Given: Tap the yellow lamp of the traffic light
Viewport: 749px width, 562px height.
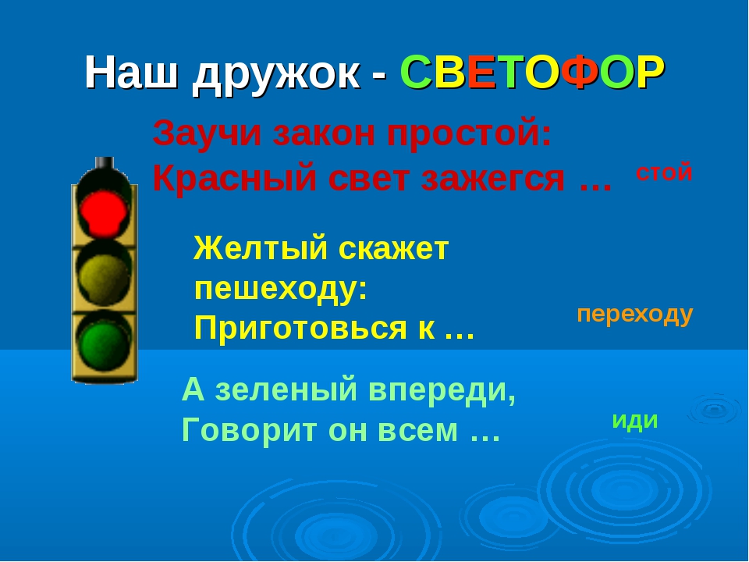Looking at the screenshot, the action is (x=104, y=276).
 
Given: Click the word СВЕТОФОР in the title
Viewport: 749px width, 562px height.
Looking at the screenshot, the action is (x=532, y=73).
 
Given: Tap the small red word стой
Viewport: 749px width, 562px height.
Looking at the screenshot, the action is (x=664, y=172).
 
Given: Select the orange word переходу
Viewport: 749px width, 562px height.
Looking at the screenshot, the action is (x=635, y=315).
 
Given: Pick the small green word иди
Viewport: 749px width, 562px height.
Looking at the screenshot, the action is (x=635, y=421).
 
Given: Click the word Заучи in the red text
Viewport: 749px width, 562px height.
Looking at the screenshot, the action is (x=207, y=133).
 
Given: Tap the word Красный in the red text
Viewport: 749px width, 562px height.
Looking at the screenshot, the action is (x=235, y=179).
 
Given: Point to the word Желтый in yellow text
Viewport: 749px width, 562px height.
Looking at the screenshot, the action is (x=261, y=247).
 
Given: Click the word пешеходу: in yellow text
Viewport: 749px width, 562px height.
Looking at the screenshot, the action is (x=281, y=289).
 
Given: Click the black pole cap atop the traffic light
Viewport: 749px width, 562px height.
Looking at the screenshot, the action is (x=104, y=163).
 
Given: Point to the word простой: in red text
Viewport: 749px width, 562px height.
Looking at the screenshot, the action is (x=469, y=134).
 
